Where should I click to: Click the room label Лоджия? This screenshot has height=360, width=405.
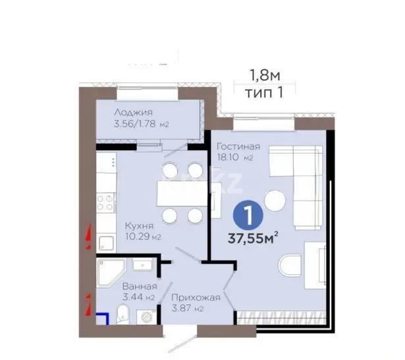[134, 112]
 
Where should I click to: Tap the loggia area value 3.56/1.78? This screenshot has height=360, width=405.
[136, 124]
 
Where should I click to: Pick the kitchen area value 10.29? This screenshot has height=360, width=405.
[138, 237]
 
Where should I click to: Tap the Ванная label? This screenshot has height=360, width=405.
[140, 286]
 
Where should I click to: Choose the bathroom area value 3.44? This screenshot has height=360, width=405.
[134, 298]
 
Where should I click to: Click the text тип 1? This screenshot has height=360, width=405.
[265, 92]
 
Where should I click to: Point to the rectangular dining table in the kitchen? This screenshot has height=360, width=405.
[182, 193]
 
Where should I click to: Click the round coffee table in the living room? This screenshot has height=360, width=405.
[274, 200]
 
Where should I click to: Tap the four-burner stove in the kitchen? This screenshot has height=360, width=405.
[105, 204]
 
